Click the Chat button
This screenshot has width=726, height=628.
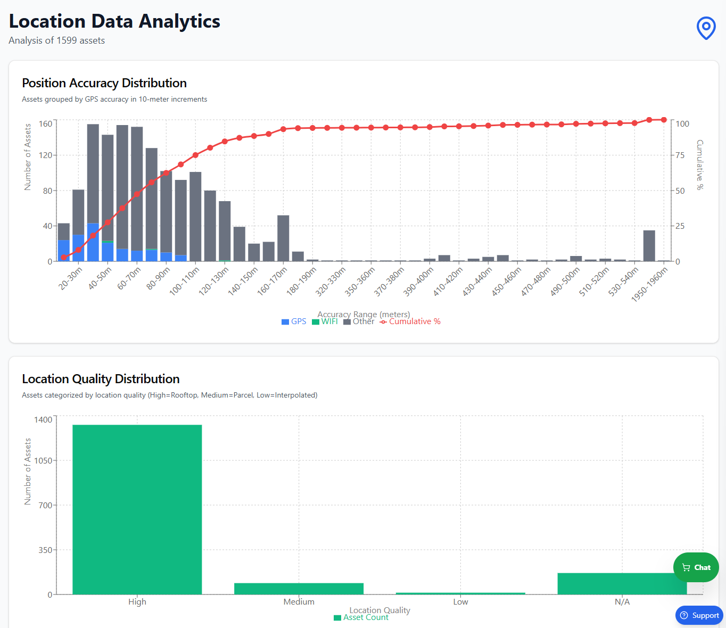point(696,567)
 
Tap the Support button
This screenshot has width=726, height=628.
point(699,615)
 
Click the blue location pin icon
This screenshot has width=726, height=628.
point(706,28)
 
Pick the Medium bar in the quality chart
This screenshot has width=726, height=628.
point(299,589)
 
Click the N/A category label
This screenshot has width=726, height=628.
point(622,602)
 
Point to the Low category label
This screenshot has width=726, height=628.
point(460,602)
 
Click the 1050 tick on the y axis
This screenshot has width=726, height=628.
point(43,460)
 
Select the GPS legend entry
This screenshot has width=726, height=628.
point(294,321)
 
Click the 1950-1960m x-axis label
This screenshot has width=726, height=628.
point(649,285)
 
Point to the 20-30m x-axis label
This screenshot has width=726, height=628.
point(71,279)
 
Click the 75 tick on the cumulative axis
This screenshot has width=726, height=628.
point(680,155)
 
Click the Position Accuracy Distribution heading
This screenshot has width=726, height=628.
point(104,83)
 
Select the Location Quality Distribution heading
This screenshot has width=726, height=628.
point(101,379)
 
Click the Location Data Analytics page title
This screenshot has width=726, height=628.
point(114,21)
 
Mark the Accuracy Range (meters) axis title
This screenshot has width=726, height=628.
point(364,314)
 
